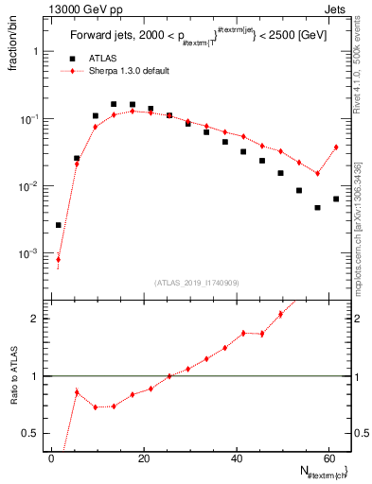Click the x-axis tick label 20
[144, 458]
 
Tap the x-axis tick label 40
[236, 458]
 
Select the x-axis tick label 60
[328, 458]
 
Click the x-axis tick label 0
[52, 458]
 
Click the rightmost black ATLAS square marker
[336, 199]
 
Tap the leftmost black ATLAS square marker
[59, 225]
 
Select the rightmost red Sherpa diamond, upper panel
[336, 147]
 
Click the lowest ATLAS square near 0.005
[317, 207]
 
